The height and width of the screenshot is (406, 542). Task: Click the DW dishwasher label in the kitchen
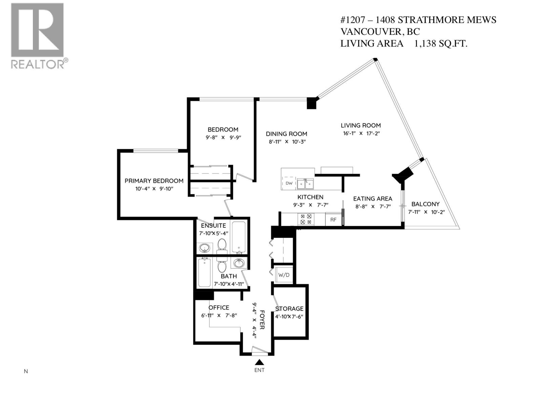click(x=289, y=183)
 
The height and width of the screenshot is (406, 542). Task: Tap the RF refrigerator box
click(x=333, y=220)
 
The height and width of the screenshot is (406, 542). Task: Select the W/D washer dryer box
click(x=284, y=275)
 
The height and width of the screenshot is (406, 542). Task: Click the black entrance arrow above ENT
click(x=259, y=362)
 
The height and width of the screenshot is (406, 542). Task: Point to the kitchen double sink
click(x=305, y=184)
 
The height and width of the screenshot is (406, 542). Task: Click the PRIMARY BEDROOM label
click(x=154, y=181)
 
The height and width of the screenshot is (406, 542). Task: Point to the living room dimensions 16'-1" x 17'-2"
click(x=361, y=133)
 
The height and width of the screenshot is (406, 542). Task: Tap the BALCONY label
click(x=425, y=204)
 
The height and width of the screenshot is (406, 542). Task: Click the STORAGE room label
click(x=289, y=309)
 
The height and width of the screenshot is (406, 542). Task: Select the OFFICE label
click(x=219, y=308)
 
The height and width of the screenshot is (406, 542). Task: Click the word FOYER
click(x=262, y=320)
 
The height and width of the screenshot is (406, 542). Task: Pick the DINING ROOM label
click(x=286, y=134)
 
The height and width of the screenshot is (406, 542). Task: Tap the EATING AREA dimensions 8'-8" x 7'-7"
click(x=373, y=206)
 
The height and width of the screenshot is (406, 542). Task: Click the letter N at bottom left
click(x=26, y=371)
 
